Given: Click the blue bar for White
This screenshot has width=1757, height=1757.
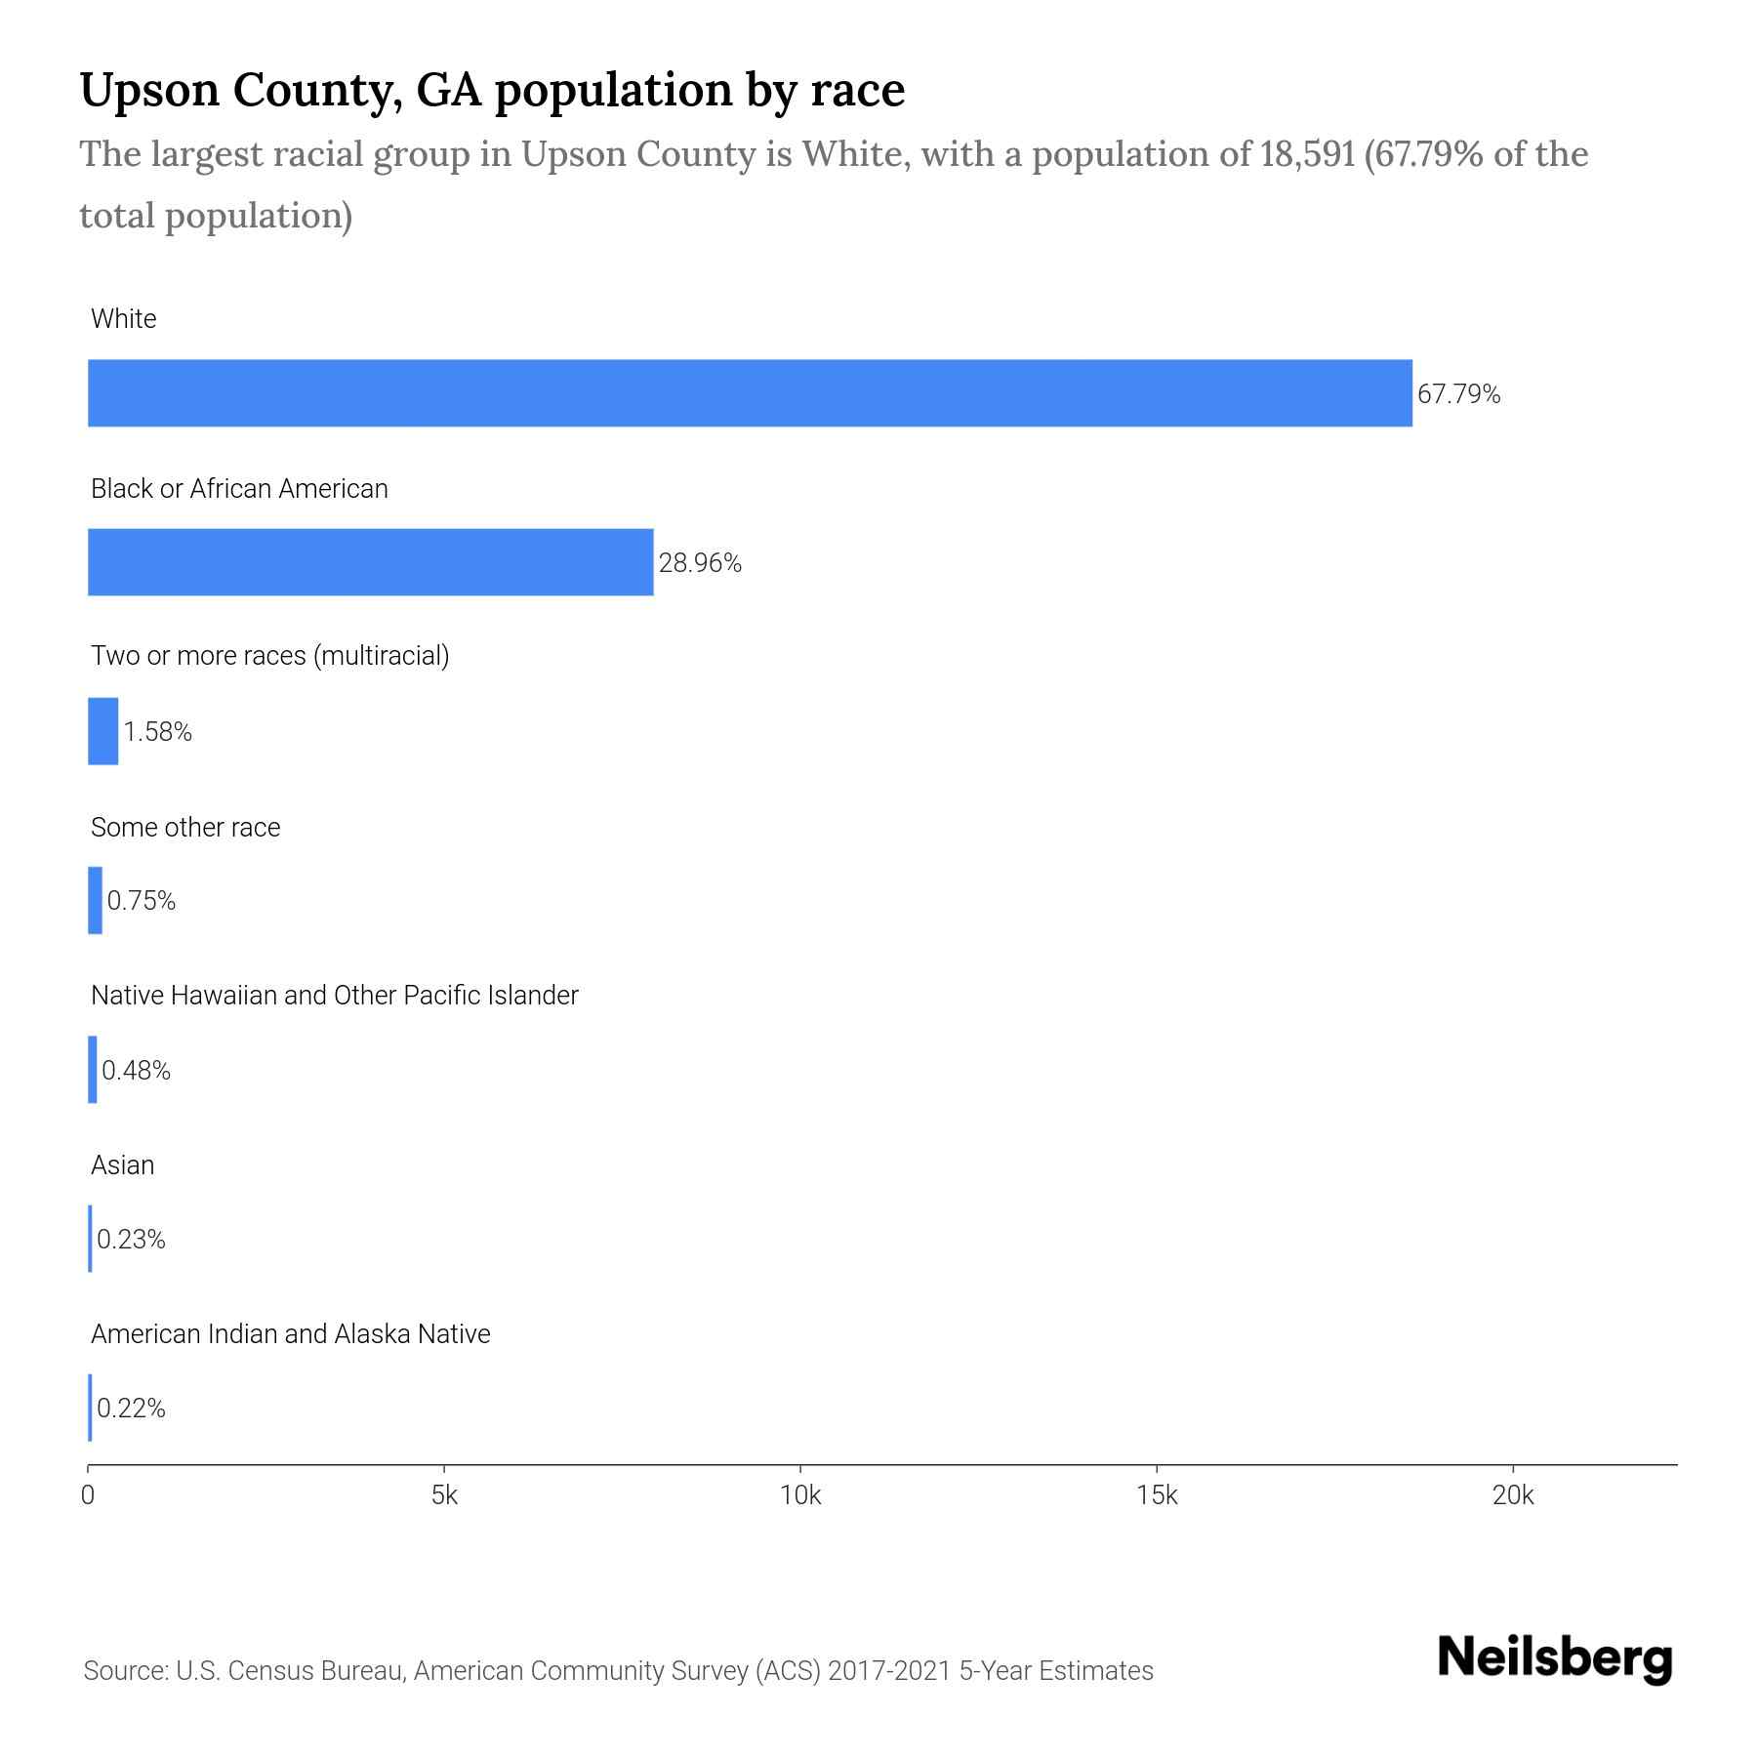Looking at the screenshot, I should click(750, 392).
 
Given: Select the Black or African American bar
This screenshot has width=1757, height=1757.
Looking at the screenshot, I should click(371, 562).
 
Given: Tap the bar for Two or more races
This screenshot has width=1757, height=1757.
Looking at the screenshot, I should click(102, 731).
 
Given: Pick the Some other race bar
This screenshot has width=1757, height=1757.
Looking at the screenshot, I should click(95, 900).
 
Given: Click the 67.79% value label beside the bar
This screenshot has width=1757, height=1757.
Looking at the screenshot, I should click(1458, 394).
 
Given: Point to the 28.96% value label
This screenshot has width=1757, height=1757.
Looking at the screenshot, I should click(700, 563).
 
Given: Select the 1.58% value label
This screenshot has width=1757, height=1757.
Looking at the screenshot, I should click(157, 732).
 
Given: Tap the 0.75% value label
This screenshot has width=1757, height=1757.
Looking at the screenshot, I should click(142, 901).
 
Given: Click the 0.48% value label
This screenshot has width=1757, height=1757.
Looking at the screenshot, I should click(136, 1071).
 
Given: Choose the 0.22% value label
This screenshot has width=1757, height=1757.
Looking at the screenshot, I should click(131, 1409).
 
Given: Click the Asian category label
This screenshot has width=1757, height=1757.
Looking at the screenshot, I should click(123, 1165).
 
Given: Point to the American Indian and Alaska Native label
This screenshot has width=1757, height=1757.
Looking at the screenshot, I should click(290, 1333).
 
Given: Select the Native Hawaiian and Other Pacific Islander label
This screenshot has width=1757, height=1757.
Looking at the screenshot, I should click(334, 996).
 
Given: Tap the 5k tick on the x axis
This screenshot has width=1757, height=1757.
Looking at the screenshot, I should click(444, 1495).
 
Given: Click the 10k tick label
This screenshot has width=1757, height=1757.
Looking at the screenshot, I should click(800, 1495).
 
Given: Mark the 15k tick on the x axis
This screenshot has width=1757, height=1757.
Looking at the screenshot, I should click(1157, 1495).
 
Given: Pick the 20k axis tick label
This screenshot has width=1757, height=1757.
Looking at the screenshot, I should click(1513, 1495).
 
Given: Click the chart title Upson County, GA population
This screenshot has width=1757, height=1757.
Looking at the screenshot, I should click(492, 90).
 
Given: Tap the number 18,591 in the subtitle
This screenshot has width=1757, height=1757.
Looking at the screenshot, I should click(1307, 154).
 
